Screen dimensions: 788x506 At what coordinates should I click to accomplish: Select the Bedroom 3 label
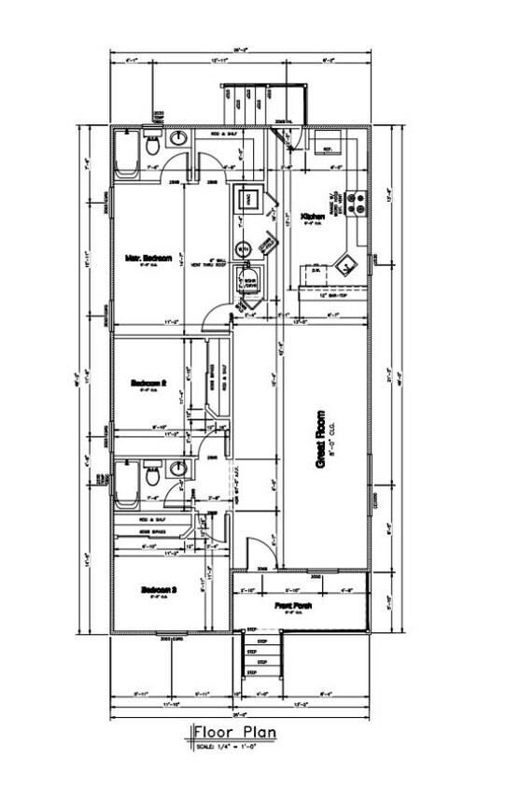[159, 589]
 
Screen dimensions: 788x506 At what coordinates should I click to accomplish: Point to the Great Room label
[320, 439]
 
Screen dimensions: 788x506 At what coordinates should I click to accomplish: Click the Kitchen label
[312, 216]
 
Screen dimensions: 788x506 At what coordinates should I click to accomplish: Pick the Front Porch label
[293, 606]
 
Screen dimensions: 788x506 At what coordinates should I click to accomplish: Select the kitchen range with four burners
[355, 199]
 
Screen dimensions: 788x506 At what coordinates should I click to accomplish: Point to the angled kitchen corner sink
[347, 264]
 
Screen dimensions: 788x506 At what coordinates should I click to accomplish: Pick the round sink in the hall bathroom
[178, 470]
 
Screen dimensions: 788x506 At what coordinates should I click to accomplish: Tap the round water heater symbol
[242, 249]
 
